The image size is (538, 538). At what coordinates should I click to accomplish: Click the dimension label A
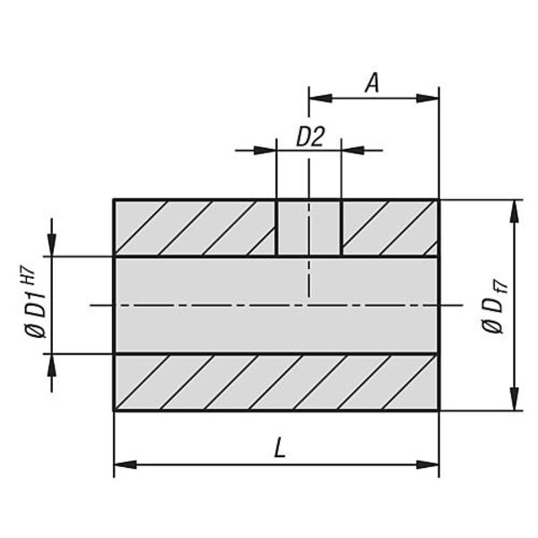point(372,83)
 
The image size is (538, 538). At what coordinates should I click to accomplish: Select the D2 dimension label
point(310,136)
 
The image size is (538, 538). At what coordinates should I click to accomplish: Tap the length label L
point(280,447)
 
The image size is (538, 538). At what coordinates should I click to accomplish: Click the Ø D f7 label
point(494,306)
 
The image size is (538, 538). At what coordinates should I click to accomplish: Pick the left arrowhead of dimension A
point(320,99)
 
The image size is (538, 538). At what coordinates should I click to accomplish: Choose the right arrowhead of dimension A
point(428,99)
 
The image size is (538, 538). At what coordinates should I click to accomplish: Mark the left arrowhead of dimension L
point(126,464)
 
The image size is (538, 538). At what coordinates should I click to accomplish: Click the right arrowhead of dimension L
point(428,464)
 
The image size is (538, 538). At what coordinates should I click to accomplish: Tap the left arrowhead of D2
point(265,151)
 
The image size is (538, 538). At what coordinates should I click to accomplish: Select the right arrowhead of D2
point(352,151)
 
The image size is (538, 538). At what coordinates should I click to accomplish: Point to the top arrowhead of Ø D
point(514,211)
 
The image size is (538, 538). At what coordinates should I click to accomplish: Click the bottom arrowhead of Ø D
point(514,399)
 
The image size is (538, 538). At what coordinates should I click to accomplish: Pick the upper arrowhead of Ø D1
point(51,245)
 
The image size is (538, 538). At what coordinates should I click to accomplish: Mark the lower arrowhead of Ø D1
point(51,364)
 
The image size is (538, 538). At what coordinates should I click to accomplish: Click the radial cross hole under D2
point(308,228)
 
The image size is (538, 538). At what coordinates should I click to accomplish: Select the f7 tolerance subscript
point(501,288)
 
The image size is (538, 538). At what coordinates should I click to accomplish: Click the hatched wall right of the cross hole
point(390,228)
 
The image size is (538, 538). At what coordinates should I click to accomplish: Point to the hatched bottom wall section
point(276,382)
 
